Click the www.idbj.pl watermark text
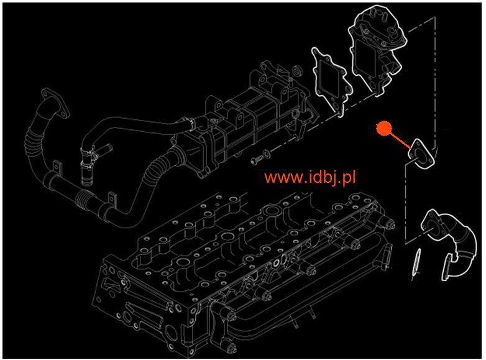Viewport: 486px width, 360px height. [x=310, y=177]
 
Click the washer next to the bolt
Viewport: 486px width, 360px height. [x=267, y=154]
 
